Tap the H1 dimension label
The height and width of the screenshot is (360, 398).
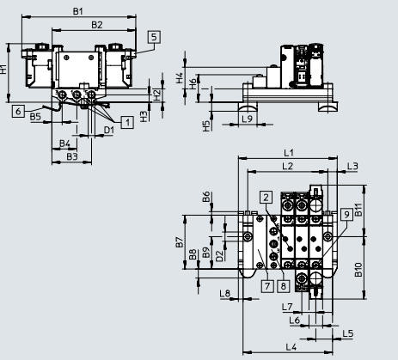(4, 69)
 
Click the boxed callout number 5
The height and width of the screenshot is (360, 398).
(153, 37)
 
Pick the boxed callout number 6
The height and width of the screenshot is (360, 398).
(18, 111)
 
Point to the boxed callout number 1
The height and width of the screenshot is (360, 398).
(126, 123)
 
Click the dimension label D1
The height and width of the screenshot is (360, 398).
(108, 130)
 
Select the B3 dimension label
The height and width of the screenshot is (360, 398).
(72, 156)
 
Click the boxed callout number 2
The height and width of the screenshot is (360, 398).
(266, 197)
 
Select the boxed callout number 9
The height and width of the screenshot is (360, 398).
(345, 213)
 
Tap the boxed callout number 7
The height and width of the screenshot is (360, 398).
(267, 285)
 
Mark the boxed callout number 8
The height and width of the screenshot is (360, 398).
(282, 285)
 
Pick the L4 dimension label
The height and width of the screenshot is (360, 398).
(291, 346)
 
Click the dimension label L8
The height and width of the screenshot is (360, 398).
(224, 295)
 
